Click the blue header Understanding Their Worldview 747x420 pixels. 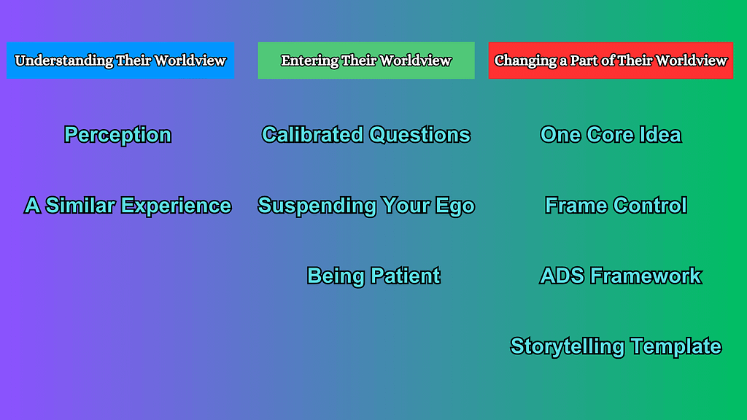click(x=120, y=61)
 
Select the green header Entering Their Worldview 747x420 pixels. click(x=366, y=61)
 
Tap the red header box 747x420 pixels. click(x=611, y=61)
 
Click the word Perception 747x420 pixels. click(x=117, y=135)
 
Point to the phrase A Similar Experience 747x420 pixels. click(x=128, y=206)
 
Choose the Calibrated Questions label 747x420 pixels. click(x=366, y=135)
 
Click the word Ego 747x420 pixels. click(x=455, y=206)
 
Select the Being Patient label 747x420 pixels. click(x=373, y=276)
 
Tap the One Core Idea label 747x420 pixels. click(x=611, y=135)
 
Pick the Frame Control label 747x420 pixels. click(x=616, y=206)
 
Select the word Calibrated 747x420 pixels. click(x=312, y=135)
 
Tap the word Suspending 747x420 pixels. click(x=303, y=206)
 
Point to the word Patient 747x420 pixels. click(x=405, y=276)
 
